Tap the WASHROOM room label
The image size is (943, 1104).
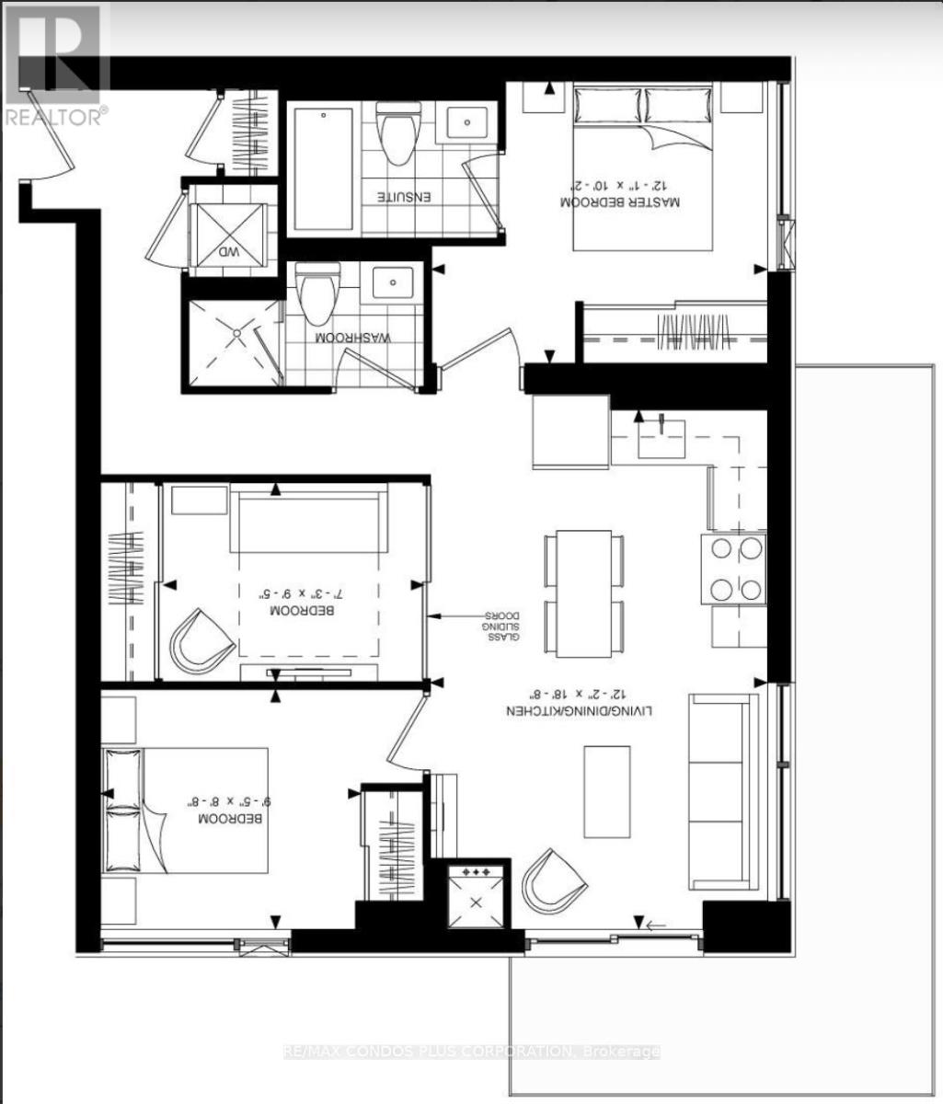(354, 338)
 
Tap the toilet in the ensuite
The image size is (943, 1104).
(399, 134)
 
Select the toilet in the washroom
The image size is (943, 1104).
(318, 294)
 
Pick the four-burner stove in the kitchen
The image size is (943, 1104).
(734, 569)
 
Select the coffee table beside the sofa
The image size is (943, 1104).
(606, 778)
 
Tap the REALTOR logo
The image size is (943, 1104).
(54, 64)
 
